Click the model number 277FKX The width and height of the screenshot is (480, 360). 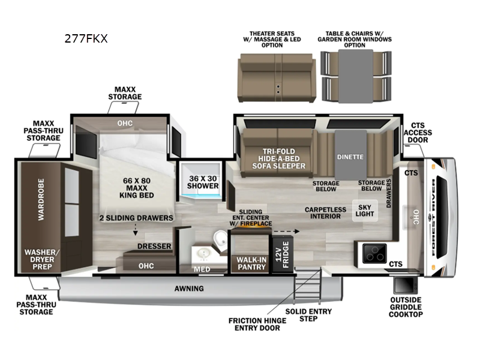click(x=86, y=39)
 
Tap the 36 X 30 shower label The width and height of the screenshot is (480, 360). click(x=203, y=182)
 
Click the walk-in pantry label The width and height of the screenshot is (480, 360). click(x=251, y=263)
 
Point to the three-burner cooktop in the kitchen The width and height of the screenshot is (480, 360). click(x=374, y=253)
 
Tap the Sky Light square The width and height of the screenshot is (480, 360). click(x=365, y=211)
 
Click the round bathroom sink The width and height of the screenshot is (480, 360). click(x=203, y=254)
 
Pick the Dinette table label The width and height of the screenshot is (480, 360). click(x=350, y=157)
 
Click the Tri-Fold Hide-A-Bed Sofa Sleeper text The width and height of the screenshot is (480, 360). click(x=278, y=158)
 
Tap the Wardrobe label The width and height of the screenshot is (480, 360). click(x=41, y=199)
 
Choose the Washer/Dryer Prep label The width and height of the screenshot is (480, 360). click(x=42, y=259)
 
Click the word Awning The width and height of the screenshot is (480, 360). click(x=189, y=289)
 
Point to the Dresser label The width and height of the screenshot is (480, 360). click(x=154, y=246)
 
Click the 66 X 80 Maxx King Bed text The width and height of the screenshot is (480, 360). click(x=137, y=188)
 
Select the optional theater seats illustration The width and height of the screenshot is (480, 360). click(x=277, y=78)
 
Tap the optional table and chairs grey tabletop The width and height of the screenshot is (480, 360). click(x=356, y=76)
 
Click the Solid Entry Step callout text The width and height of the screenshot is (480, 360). click(x=308, y=315)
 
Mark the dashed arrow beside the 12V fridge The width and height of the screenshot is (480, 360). click(x=286, y=232)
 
